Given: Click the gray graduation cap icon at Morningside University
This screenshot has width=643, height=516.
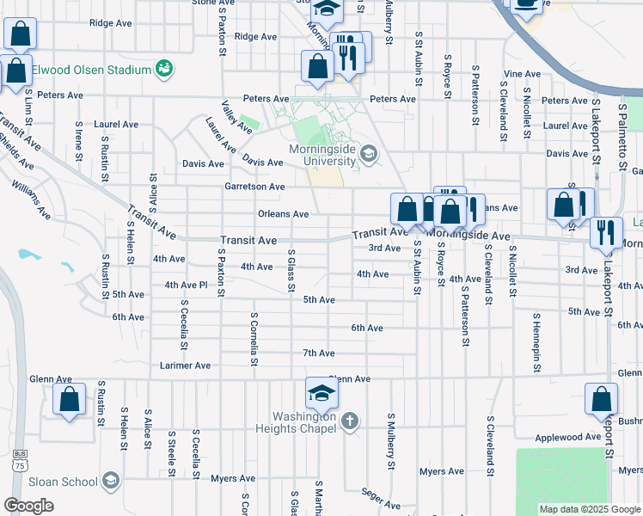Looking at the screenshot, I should pos(369,154).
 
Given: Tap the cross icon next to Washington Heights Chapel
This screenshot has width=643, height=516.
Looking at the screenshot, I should pos(348,421).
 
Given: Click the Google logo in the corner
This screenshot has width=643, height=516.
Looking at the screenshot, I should pos(28,506).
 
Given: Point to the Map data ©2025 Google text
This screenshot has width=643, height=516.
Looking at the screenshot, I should pos(590,509).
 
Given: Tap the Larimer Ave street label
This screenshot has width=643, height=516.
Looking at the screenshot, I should pos(185,365).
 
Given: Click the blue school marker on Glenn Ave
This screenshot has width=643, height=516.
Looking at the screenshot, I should pos(322,394).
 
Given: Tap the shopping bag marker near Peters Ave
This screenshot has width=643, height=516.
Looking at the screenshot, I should pos(317,67).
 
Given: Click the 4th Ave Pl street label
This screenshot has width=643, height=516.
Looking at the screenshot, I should pos(187,285).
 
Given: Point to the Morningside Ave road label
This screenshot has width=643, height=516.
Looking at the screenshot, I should pos(468,235).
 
